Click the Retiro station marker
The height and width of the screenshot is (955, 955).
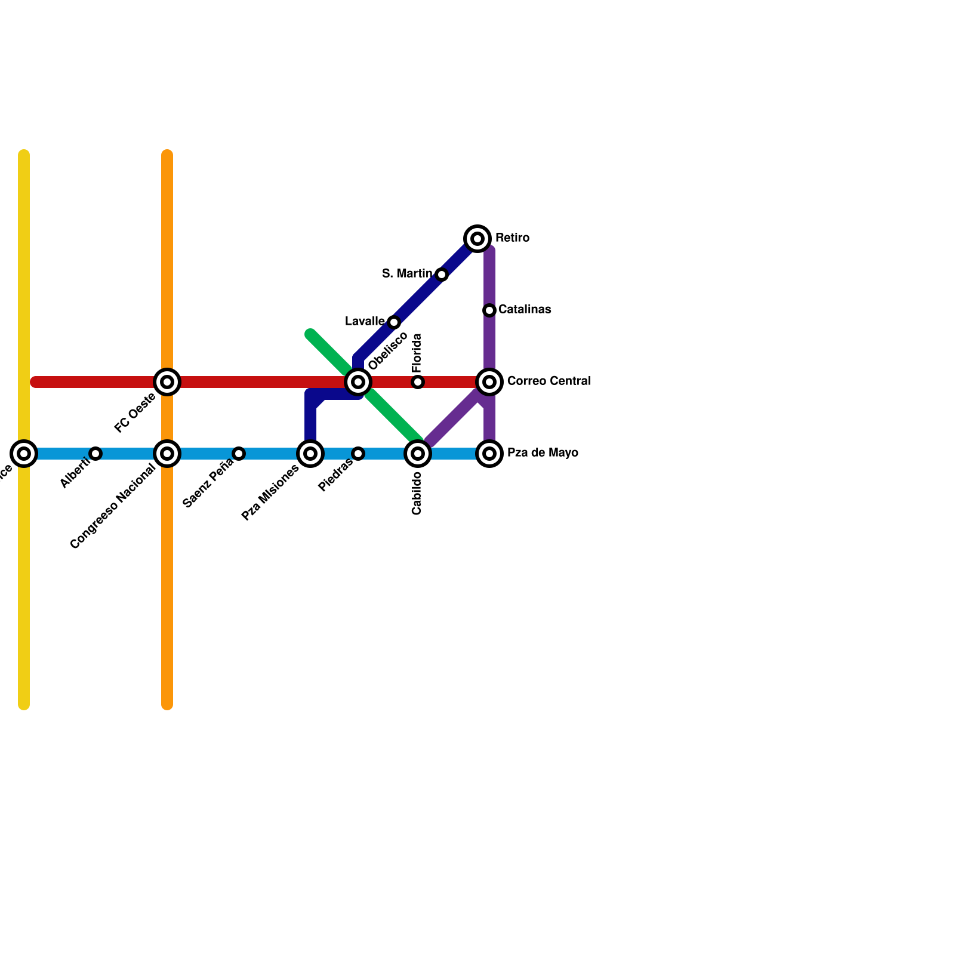pyautogui.click(x=478, y=239)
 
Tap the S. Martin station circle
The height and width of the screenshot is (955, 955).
pyautogui.click(x=442, y=275)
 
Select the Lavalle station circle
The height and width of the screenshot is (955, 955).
pyautogui.click(x=394, y=322)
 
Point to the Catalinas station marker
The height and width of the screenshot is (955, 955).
pyautogui.click(x=489, y=310)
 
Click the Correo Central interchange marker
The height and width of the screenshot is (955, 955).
pyautogui.click(x=489, y=382)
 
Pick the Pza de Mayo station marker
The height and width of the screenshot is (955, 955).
pyautogui.click(x=489, y=454)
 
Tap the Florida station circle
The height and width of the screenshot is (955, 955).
pyautogui.click(x=418, y=382)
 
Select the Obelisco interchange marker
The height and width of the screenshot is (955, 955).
pyautogui.click(x=358, y=382)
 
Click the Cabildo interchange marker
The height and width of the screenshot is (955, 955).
pyautogui.click(x=418, y=454)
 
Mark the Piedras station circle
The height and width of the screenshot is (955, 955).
pyautogui.click(x=358, y=454)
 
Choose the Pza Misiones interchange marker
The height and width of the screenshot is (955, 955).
pyautogui.click(x=310, y=454)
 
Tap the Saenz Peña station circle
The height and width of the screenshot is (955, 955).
pyautogui.click(x=239, y=454)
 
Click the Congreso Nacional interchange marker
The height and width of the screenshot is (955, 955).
pyautogui.click(x=167, y=454)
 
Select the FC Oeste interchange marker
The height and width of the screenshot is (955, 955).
pyautogui.click(x=167, y=382)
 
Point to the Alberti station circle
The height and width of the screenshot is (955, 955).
pyautogui.click(x=95, y=454)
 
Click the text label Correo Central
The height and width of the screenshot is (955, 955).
pyautogui.click(x=549, y=381)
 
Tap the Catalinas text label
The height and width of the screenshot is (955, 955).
pyautogui.click(x=524, y=310)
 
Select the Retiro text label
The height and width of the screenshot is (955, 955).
pyautogui.click(x=512, y=238)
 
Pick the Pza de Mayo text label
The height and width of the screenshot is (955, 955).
pyautogui.click(x=543, y=453)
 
